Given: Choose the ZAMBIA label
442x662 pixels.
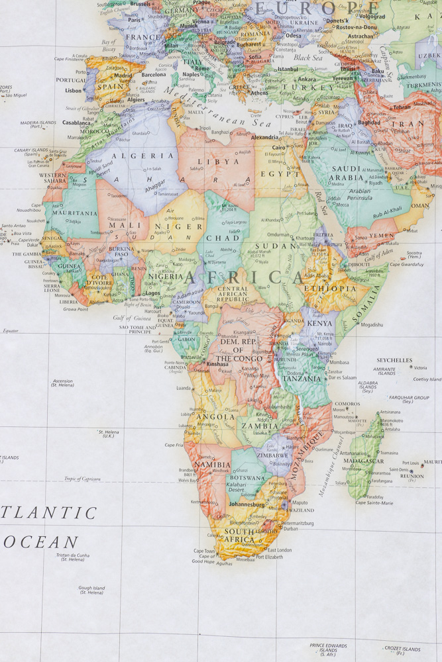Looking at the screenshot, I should (260, 426).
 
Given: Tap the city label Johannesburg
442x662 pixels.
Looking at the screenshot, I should (247, 504).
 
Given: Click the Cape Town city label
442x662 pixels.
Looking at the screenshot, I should (204, 551).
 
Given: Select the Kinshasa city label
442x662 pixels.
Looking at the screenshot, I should (217, 364).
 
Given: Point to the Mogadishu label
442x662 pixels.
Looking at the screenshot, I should (372, 325).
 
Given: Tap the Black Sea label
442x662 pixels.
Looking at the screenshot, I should (308, 58).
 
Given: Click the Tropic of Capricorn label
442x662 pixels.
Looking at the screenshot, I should (82, 479).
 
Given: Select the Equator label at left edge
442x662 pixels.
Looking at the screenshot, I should (11, 330).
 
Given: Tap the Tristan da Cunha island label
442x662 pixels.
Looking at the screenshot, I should (72, 557).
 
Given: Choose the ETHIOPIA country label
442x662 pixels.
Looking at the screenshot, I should (330, 289).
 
